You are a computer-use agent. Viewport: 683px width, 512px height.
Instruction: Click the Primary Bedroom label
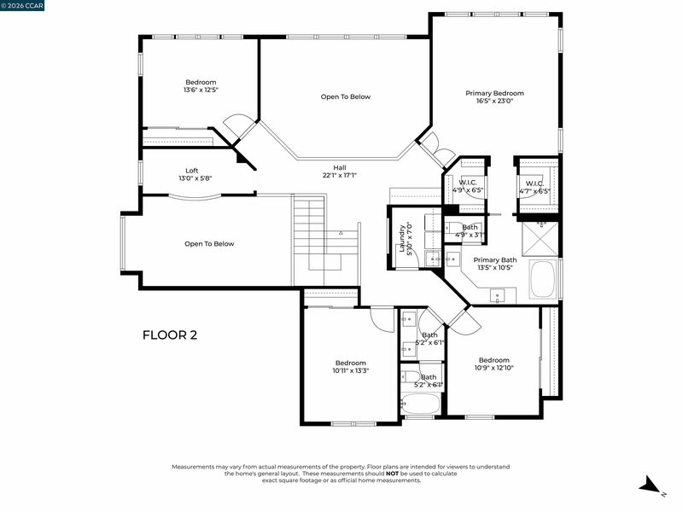point(494,93)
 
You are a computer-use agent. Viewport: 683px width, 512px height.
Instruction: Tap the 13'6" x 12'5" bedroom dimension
point(201,90)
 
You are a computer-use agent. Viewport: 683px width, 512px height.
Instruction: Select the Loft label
point(191,171)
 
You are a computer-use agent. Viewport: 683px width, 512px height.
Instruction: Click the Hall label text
point(340,167)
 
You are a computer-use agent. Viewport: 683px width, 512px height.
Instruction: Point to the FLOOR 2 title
point(170,335)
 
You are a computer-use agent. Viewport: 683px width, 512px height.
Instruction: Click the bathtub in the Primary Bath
point(543,279)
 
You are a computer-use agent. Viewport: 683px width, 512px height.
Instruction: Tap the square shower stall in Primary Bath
point(540,238)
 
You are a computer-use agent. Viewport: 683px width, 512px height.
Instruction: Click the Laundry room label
point(403,239)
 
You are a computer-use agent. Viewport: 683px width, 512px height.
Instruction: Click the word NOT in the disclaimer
point(392,474)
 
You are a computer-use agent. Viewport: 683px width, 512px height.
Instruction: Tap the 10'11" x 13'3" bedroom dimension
point(351,371)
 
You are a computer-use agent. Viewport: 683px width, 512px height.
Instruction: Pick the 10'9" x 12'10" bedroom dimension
point(494,368)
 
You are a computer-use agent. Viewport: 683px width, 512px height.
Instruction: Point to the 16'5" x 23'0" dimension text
point(495,101)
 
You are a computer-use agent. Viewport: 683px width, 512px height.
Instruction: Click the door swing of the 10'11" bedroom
point(382,320)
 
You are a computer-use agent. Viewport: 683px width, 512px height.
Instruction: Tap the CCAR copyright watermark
point(22,5)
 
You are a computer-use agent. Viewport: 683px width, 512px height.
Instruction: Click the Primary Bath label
point(495,260)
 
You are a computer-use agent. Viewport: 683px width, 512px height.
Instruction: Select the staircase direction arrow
point(341,233)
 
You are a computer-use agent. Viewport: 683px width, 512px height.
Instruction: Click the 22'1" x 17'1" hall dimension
point(340,176)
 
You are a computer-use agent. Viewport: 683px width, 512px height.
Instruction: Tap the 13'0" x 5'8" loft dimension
point(196,178)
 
